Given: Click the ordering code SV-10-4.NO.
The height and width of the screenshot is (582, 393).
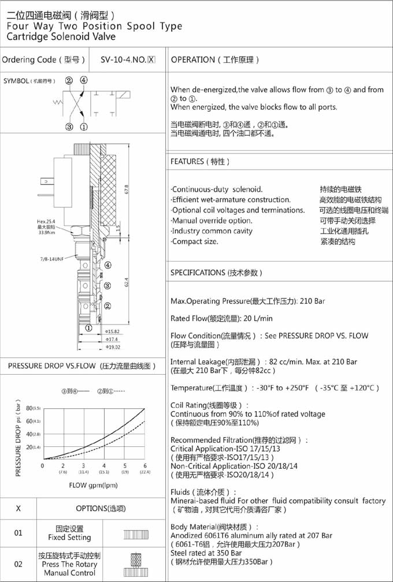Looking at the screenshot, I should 123,59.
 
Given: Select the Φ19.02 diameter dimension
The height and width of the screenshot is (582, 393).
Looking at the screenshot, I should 112,347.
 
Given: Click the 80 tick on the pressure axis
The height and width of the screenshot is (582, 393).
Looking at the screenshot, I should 29,408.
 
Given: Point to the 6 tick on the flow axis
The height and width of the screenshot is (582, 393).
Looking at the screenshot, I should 145,465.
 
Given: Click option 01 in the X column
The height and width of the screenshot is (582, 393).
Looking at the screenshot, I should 18,533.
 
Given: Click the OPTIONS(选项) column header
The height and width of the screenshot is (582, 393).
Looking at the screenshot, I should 101,509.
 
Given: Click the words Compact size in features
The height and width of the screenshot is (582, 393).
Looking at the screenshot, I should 195,241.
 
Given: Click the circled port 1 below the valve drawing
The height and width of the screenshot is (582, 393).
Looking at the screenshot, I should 88,327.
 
